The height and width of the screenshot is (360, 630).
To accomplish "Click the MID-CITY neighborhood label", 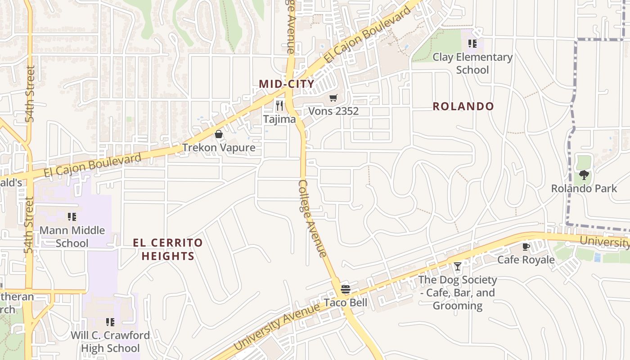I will tap(286, 84).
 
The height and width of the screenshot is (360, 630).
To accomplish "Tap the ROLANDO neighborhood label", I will tap(463, 107).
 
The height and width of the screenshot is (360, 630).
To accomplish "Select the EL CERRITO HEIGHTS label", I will tap(168, 249).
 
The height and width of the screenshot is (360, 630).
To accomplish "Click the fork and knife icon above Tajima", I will tap(279, 106).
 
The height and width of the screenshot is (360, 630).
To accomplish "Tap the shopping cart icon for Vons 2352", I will tap(333, 98).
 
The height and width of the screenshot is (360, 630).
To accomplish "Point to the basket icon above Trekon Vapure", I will tap(219, 134).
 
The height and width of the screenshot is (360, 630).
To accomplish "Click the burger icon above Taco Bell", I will tap(345, 289).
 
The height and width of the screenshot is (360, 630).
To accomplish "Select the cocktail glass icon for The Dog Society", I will tap(457, 266).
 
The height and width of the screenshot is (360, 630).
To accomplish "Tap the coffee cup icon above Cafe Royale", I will tap(525, 247).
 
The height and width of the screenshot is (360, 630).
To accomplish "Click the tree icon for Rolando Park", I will tap(584, 175).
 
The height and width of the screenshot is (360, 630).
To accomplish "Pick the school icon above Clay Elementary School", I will tap(472, 44).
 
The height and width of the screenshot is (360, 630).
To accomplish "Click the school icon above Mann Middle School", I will tap(72, 217).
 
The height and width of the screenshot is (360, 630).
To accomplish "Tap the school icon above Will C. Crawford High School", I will tap(110, 322).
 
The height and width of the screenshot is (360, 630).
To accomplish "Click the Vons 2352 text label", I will tap(333, 111).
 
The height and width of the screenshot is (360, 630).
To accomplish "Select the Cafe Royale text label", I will tap(526, 260).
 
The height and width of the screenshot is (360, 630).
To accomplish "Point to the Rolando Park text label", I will tap(584, 188).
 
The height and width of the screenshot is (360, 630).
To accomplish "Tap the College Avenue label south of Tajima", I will tap(312, 219).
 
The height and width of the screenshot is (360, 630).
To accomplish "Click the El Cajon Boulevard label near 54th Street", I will tap(92, 165).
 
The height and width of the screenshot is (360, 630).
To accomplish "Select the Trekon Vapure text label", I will tap(219, 148).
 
